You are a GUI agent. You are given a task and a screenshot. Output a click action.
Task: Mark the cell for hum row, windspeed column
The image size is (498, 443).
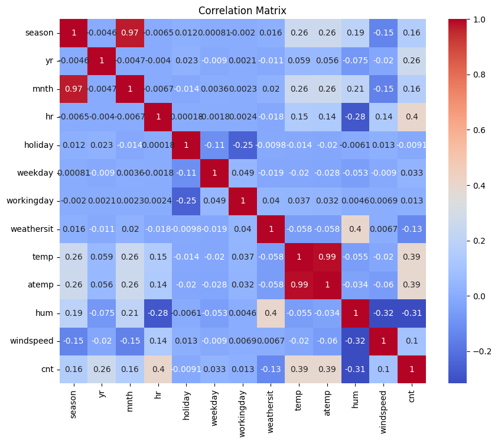pyautogui.click(x=383, y=313)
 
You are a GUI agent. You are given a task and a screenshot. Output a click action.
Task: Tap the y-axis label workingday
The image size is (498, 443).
pyautogui.click(x=37, y=202)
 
